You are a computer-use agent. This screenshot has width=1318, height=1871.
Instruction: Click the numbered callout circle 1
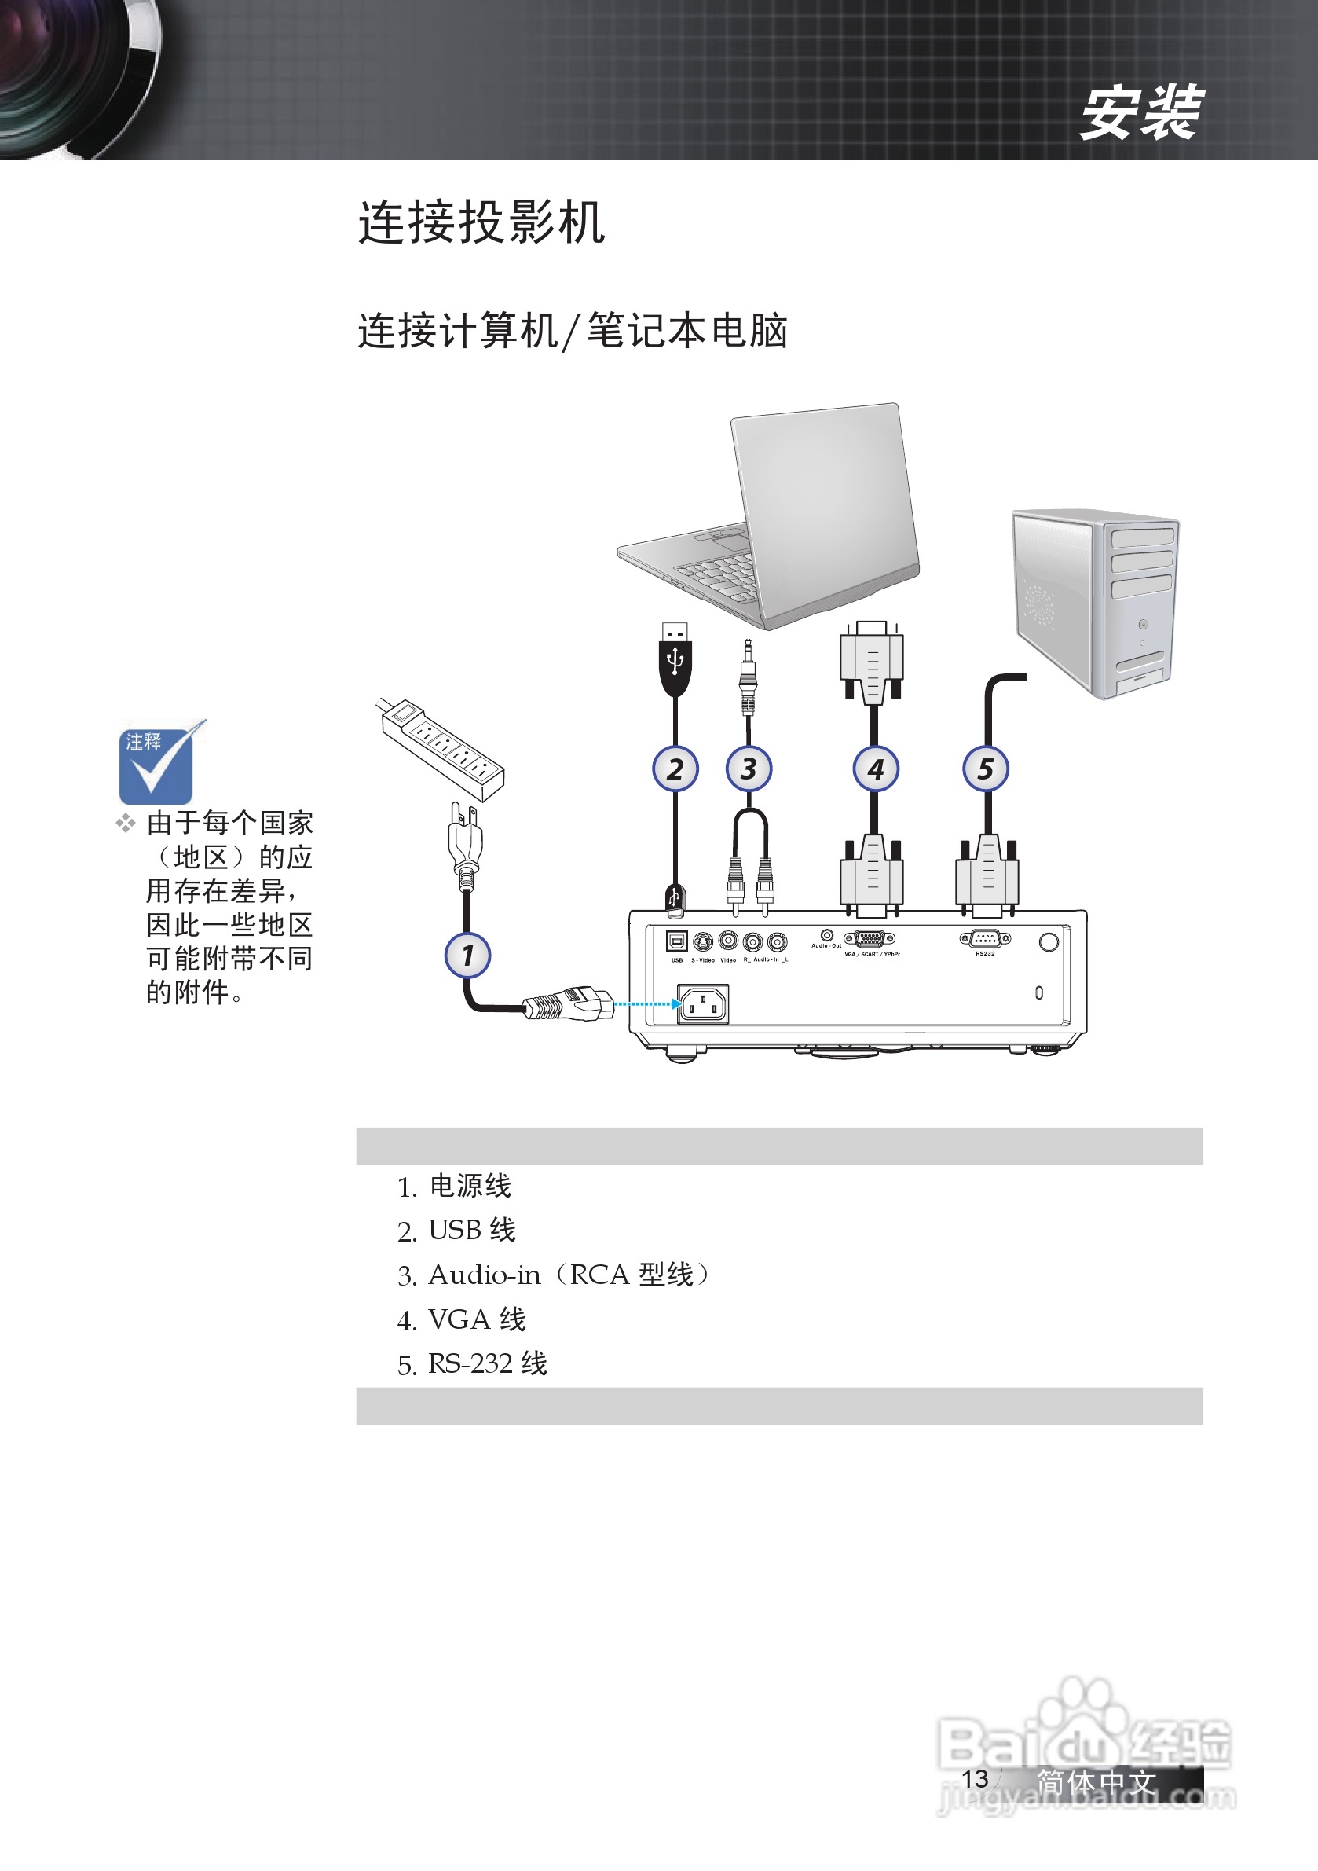click(467, 955)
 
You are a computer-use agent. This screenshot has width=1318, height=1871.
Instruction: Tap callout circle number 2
click(675, 769)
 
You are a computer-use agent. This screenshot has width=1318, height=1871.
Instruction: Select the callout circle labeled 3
click(749, 769)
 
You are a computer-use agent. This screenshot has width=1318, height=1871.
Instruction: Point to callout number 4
click(876, 769)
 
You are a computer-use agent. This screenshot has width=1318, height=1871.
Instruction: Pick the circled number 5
click(986, 769)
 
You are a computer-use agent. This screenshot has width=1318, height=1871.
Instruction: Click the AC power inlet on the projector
click(702, 1004)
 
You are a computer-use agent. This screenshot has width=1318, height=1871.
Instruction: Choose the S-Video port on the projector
click(703, 942)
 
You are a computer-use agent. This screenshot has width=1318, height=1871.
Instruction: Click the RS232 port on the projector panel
click(986, 940)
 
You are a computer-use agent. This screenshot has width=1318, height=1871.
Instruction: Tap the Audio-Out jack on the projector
click(827, 934)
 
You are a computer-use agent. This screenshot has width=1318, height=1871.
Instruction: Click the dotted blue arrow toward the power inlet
click(646, 1004)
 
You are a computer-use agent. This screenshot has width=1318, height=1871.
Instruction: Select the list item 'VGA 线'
click(477, 1319)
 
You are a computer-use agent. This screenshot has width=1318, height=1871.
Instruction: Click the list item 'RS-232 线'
click(487, 1363)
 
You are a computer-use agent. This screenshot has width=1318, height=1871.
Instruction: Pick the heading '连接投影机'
click(481, 222)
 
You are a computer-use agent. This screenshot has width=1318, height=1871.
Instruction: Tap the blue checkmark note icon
click(156, 762)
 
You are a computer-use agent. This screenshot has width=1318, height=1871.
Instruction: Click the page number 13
click(975, 1778)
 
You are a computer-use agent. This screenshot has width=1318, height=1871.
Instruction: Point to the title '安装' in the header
click(1140, 112)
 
